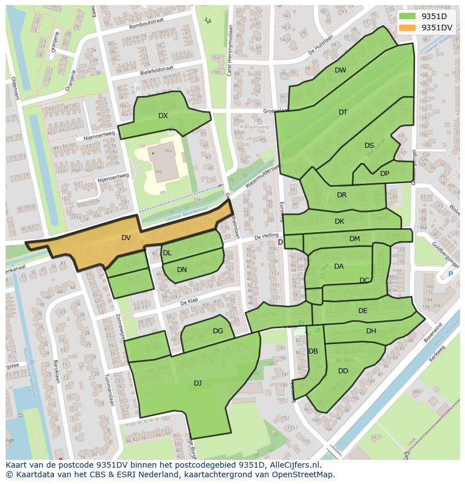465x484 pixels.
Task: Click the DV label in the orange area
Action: click(126, 238)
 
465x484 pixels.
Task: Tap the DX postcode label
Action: click(163, 116)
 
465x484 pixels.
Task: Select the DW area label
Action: click(340, 70)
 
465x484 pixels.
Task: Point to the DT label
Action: click(343, 112)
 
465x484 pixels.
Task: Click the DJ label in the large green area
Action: click(198, 383)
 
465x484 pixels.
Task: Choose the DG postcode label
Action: click(218, 331)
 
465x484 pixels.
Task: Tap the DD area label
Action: click(343, 371)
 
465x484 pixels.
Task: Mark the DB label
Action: click(313, 351)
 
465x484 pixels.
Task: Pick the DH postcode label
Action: click(371, 331)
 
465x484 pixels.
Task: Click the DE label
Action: click(363, 311)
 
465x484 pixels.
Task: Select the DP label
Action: click(385, 174)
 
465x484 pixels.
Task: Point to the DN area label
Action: click(182, 270)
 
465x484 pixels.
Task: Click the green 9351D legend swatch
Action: click(407, 16)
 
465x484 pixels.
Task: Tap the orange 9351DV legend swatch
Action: click(407, 27)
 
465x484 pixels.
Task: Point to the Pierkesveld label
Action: click(255, 128)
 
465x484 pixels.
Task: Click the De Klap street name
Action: click(190, 302)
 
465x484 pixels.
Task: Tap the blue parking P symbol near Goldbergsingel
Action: click(450, 274)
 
